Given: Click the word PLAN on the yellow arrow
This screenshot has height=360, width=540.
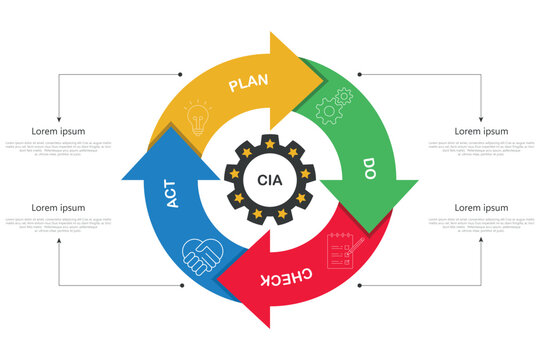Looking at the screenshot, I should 249,84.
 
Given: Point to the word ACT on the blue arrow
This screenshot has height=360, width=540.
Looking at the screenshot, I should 172,193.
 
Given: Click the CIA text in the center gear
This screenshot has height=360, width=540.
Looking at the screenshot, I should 270,180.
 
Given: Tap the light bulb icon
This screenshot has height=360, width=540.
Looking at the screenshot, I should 198,118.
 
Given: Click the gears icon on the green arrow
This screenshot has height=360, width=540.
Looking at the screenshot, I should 334,105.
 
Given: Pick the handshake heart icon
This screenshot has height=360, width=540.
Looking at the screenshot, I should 203,255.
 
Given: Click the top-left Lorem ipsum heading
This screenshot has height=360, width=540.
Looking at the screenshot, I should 58,131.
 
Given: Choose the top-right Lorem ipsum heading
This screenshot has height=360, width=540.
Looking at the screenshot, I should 481,131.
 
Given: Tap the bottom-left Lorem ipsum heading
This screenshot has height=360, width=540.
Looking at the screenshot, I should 58,208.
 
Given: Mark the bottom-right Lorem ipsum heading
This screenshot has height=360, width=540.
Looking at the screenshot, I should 481,208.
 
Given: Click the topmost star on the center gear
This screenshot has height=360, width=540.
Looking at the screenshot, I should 270,146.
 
